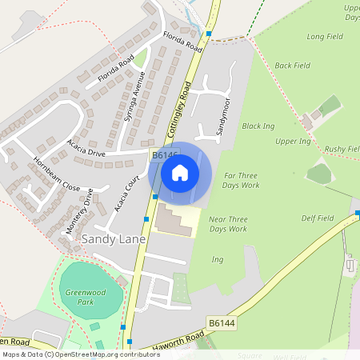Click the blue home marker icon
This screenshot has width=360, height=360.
pos(180,173)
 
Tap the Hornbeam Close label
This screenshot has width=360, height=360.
pos(58,174)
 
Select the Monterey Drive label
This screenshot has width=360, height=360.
pos(80,211)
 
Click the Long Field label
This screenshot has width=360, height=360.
pos(326,36)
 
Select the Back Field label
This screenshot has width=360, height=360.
pos(292,65)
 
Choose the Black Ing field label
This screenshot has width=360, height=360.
pos(258,126)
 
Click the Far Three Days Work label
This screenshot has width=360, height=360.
pos(242,180)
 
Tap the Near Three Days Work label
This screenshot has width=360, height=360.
pos(228,224)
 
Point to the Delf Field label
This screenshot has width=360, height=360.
pos(318,218)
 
